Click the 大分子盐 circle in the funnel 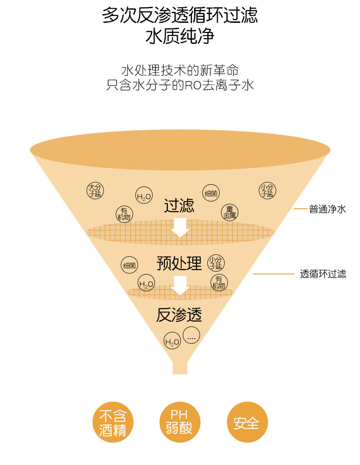pyautogui.click(x=95, y=190)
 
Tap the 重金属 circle pyautogui.click(x=230, y=212)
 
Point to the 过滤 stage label pyautogui.click(x=179, y=206)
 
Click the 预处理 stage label pyautogui.click(x=179, y=263)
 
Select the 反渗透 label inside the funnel pyautogui.click(x=179, y=315)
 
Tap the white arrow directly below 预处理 pyautogui.click(x=180, y=285)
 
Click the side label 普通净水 pyautogui.click(x=328, y=209)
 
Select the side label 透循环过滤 pyautogui.click(x=323, y=274)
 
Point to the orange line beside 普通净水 pyautogui.click(x=300, y=209)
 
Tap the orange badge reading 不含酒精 pyautogui.click(x=113, y=422)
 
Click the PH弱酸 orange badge pyautogui.click(x=180, y=422)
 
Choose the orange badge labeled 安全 pyautogui.click(x=247, y=422)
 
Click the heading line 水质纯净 pyautogui.click(x=180, y=36)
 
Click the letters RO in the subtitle pyautogui.click(x=190, y=85)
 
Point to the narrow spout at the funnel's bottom pyautogui.click(x=180, y=367)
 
